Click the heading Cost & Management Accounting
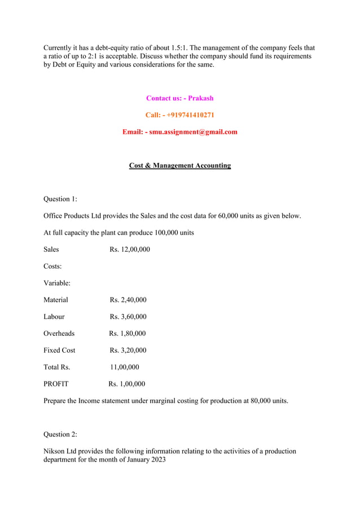(179, 165)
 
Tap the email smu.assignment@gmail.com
(193, 132)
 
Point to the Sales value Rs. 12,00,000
(130, 249)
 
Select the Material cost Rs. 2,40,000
(128, 300)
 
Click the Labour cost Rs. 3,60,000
(128, 317)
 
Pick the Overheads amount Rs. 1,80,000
(128, 334)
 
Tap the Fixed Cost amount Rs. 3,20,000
(128, 350)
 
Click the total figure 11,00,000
(125, 367)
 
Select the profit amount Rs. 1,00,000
(127, 384)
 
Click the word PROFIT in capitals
(56, 384)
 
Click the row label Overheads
(59, 334)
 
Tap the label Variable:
(57, 283)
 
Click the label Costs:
(52, 266)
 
